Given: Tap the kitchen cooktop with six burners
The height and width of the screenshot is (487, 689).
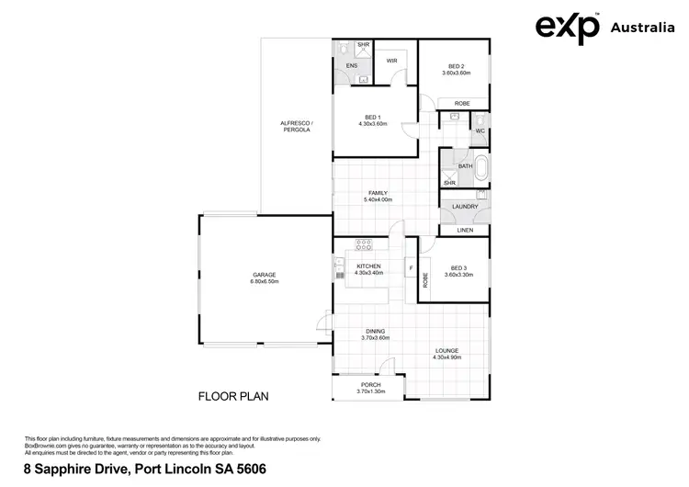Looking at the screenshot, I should pyautogui.click(x=364, y=244).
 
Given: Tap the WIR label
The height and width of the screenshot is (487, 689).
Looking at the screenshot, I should pyautogui.click(x=391, y=61).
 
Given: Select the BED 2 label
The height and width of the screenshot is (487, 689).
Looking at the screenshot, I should pyautogui.click(x=457, y=66).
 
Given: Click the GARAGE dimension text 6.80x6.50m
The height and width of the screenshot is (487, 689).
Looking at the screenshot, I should pyautogui.click(x=265, y=281).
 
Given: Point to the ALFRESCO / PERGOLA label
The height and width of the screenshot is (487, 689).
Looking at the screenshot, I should pyautogui.click(x=296, y=127).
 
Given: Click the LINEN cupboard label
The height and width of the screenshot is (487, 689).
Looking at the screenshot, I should pyautogui.click(x=465, y=230).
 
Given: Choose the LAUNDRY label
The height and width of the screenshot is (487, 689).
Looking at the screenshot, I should pyautogui.click(x=465, y=207).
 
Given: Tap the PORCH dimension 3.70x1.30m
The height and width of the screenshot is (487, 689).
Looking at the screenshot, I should pyautogui.click(x=371, y=392).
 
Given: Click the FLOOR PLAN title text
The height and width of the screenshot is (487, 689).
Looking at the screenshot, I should pyautogui.click(x=233, y=397).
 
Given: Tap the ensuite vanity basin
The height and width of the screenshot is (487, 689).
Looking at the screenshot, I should pyautogui.click(x=364, y=80).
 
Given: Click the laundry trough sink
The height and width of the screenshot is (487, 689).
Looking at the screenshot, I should pyautogui.click(x=481, y=194).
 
